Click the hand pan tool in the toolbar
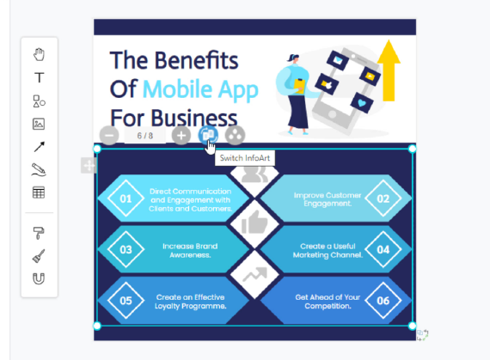pos(39,54)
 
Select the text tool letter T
pos(39,77)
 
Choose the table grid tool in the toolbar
pos(39,192)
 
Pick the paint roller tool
pos(39,233)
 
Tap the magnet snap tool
pos(39,278)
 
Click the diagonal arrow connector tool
pos(39,147)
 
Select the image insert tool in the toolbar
pos(39,124)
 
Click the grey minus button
pos(109,136)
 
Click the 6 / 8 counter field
pos(145,136)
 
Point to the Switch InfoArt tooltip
pos(245,158)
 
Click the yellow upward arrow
pos(389,70)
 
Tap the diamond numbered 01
pos(126,198)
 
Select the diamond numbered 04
pos(383,249)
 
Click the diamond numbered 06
pos(383,301)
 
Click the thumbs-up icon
pos(254,223)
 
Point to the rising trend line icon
pos(255,274)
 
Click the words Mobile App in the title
pos(200,89)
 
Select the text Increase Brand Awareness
pos(190,250)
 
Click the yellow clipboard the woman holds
pos(299,87)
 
